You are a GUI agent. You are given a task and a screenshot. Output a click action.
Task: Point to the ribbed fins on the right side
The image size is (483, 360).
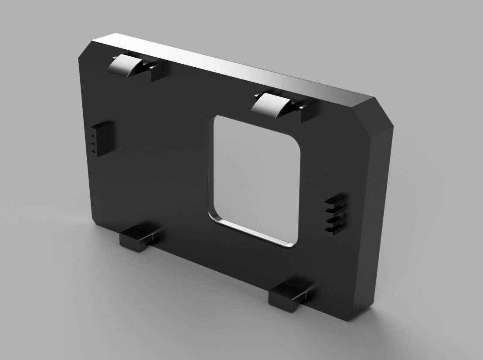(336, 214)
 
